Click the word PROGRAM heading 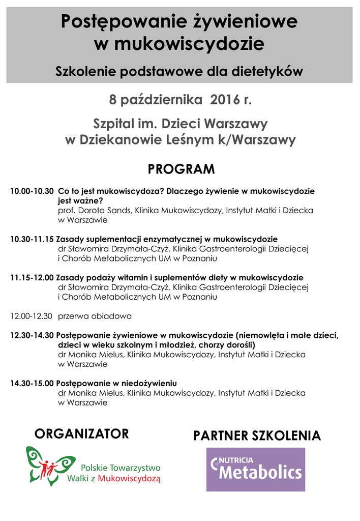(181, 169)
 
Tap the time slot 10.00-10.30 (32, 192)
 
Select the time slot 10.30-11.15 (32, 239)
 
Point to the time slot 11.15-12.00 (32, 278)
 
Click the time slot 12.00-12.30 (32, 316)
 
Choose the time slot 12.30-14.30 (32, 336)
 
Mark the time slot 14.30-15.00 (32, 383)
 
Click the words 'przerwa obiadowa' (95, 316)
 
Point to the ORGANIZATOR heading (82, 434)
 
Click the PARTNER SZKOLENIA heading (257, 436)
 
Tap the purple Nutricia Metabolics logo (255, 469)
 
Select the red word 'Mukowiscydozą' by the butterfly (130, 478)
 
